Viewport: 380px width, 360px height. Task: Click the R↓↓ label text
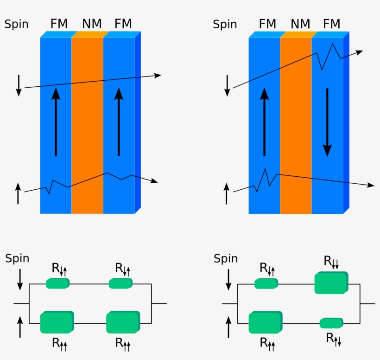[x=331, y=263]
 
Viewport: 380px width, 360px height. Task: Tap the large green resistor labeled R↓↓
[x=330, y=283]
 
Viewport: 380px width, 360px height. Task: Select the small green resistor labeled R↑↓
[x=331, y=323]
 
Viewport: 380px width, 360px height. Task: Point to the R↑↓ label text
[x=333, y=339]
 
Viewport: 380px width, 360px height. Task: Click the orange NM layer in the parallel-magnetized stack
[x=87, y=125]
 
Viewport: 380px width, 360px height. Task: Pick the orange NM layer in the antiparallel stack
[x=296, y=125]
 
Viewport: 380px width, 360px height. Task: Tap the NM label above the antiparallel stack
[x=301, y=24]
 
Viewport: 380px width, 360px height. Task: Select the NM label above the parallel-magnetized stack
[x=92, y=24]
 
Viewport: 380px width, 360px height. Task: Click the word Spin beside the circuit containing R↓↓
[x=225, y=259]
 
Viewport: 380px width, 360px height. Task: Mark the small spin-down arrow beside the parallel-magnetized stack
[x=19, y=85]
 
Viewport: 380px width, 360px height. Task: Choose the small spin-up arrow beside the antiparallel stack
[x=227, y=193]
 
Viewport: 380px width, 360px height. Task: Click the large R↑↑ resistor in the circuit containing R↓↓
[x=265, y=323]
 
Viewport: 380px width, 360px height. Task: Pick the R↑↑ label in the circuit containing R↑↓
[x=266, y=343]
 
